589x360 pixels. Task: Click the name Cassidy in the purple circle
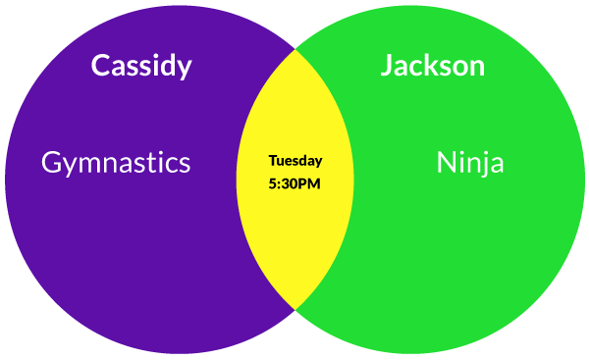click(141, 66)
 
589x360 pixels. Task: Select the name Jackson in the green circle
click(433, 66)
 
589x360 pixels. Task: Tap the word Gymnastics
click(116, 163)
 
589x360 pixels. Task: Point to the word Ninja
click(470, 162)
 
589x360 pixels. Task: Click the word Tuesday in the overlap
click(295, 161)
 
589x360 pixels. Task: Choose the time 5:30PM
click(294, 184)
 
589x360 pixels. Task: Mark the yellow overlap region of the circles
click(294, 180)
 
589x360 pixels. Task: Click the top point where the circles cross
click(295, 49)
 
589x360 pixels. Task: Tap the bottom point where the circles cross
click(295, 310)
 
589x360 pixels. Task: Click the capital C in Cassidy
click(101, 66)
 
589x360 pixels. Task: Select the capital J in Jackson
click(387, 66)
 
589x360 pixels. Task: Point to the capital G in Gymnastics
click(52, 162)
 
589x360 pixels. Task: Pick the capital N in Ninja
click(446, 162)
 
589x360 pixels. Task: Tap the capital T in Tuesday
click(274, 160)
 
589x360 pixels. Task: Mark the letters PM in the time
click(311, 184)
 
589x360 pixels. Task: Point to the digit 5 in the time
click(273, 184)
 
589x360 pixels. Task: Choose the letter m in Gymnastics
click(89, 165)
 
